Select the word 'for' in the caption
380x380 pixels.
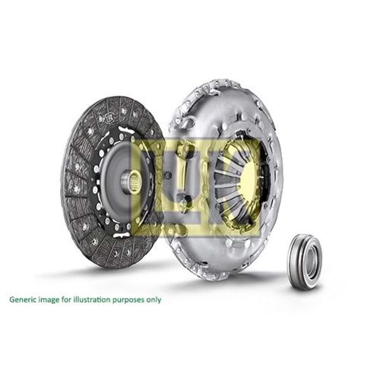coord(67,299)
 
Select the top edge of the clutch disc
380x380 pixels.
coord(114,98)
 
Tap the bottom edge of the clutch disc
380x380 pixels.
coord(114,263)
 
